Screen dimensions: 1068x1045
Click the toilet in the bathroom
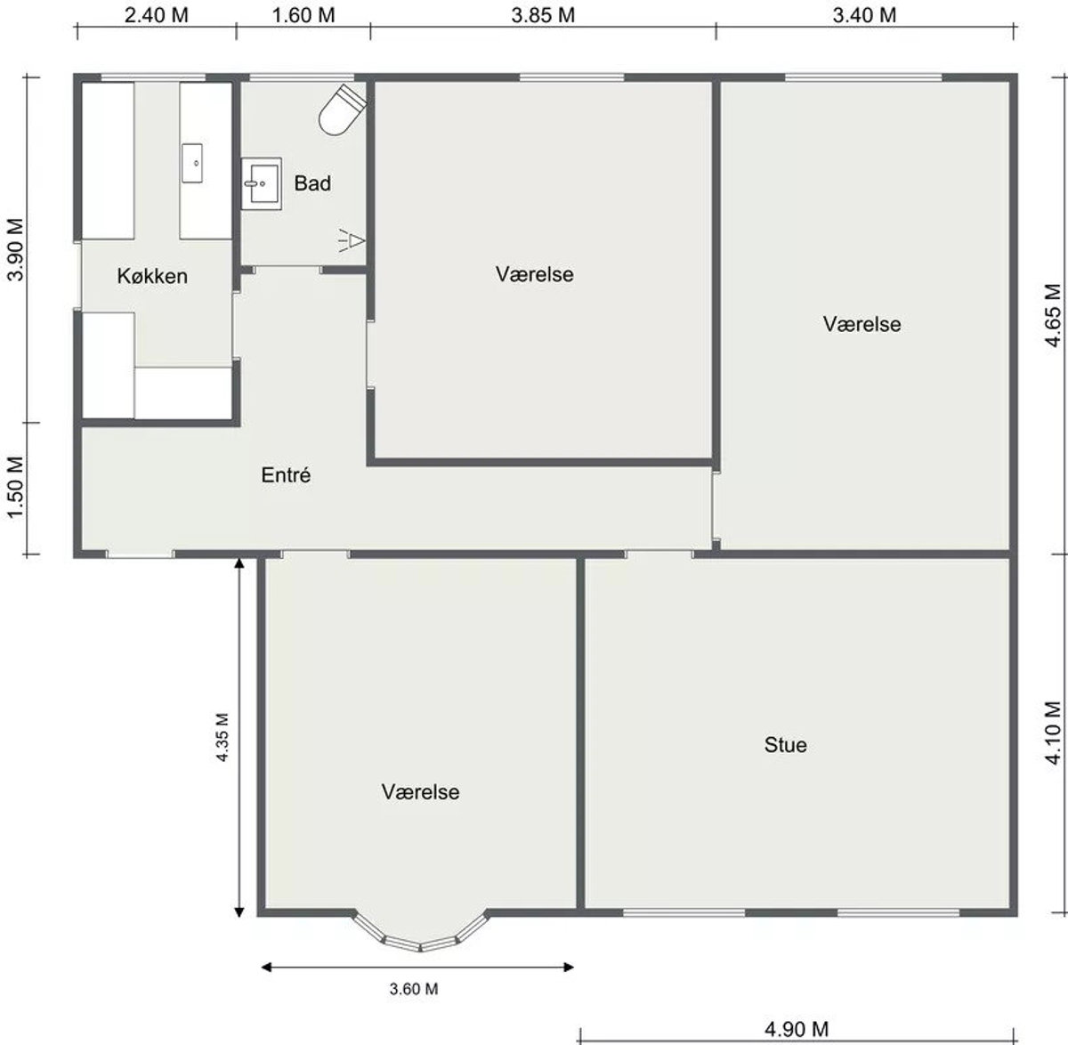coord(342,109)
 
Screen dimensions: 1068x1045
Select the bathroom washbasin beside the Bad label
coord(262,184)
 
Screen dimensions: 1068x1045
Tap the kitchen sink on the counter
coord(192,163)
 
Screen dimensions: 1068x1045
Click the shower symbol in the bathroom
coord(352,240)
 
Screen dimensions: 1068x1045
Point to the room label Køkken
coord(152,276)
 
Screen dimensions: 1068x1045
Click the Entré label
coord(286,474)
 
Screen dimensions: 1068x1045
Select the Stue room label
coord(785,745)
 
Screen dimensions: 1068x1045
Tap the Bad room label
coord(312,183)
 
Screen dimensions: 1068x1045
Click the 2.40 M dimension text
coord(157,15)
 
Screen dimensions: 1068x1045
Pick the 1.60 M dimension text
coord(303,15)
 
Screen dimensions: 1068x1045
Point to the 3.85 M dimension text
coord(543,15)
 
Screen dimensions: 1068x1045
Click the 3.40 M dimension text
coord(864,15)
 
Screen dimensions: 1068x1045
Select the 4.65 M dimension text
coord(1053,315)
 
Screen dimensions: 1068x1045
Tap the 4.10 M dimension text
coord(1053,733)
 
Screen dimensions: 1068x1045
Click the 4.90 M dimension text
coord(797,1029)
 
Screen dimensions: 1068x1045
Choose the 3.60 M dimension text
coord(414,989)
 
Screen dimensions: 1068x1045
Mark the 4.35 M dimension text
coord(222,737)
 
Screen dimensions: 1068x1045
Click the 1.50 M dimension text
coord(15,487)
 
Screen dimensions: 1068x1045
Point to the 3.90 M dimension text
coord(15,250)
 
